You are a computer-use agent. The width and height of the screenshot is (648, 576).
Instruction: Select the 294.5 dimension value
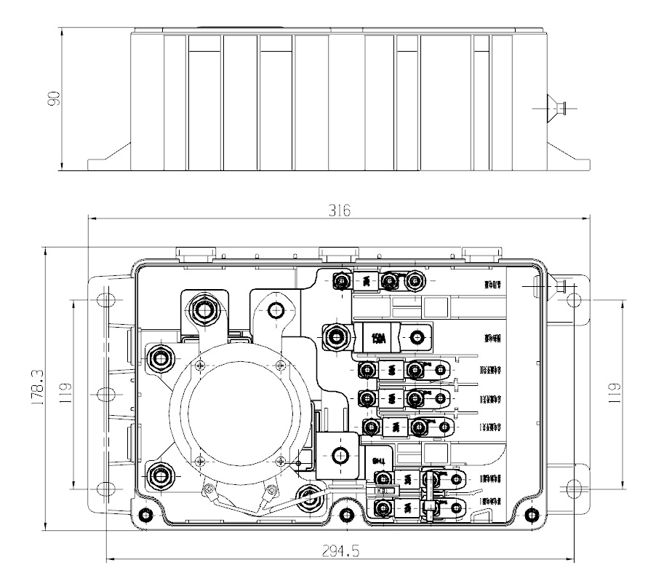339,551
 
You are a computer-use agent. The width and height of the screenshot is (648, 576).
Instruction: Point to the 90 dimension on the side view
53,99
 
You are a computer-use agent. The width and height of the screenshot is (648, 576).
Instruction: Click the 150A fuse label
378,338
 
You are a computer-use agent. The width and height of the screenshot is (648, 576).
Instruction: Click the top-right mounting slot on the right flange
574,299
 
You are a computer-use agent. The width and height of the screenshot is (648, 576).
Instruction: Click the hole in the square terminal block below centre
338,456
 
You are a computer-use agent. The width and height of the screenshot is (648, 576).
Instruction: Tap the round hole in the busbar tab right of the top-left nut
276,311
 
